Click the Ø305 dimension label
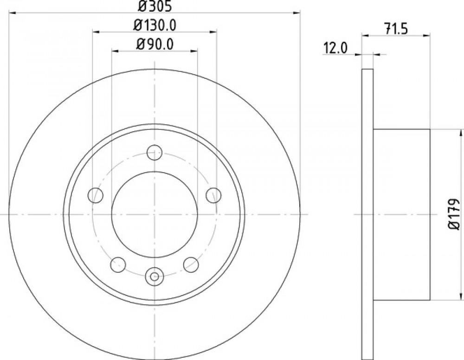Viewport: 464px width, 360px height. [155, 6]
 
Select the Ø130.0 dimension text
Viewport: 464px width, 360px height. [155, 26]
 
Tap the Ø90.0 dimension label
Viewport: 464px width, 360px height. [155, 45]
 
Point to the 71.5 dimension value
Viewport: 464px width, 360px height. [396, 29]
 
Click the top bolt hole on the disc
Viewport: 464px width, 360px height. [155, 152]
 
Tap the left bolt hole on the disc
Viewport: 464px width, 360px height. [96, 195]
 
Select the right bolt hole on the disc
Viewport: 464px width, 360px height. [213, 195]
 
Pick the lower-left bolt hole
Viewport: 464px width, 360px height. [118, 264]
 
